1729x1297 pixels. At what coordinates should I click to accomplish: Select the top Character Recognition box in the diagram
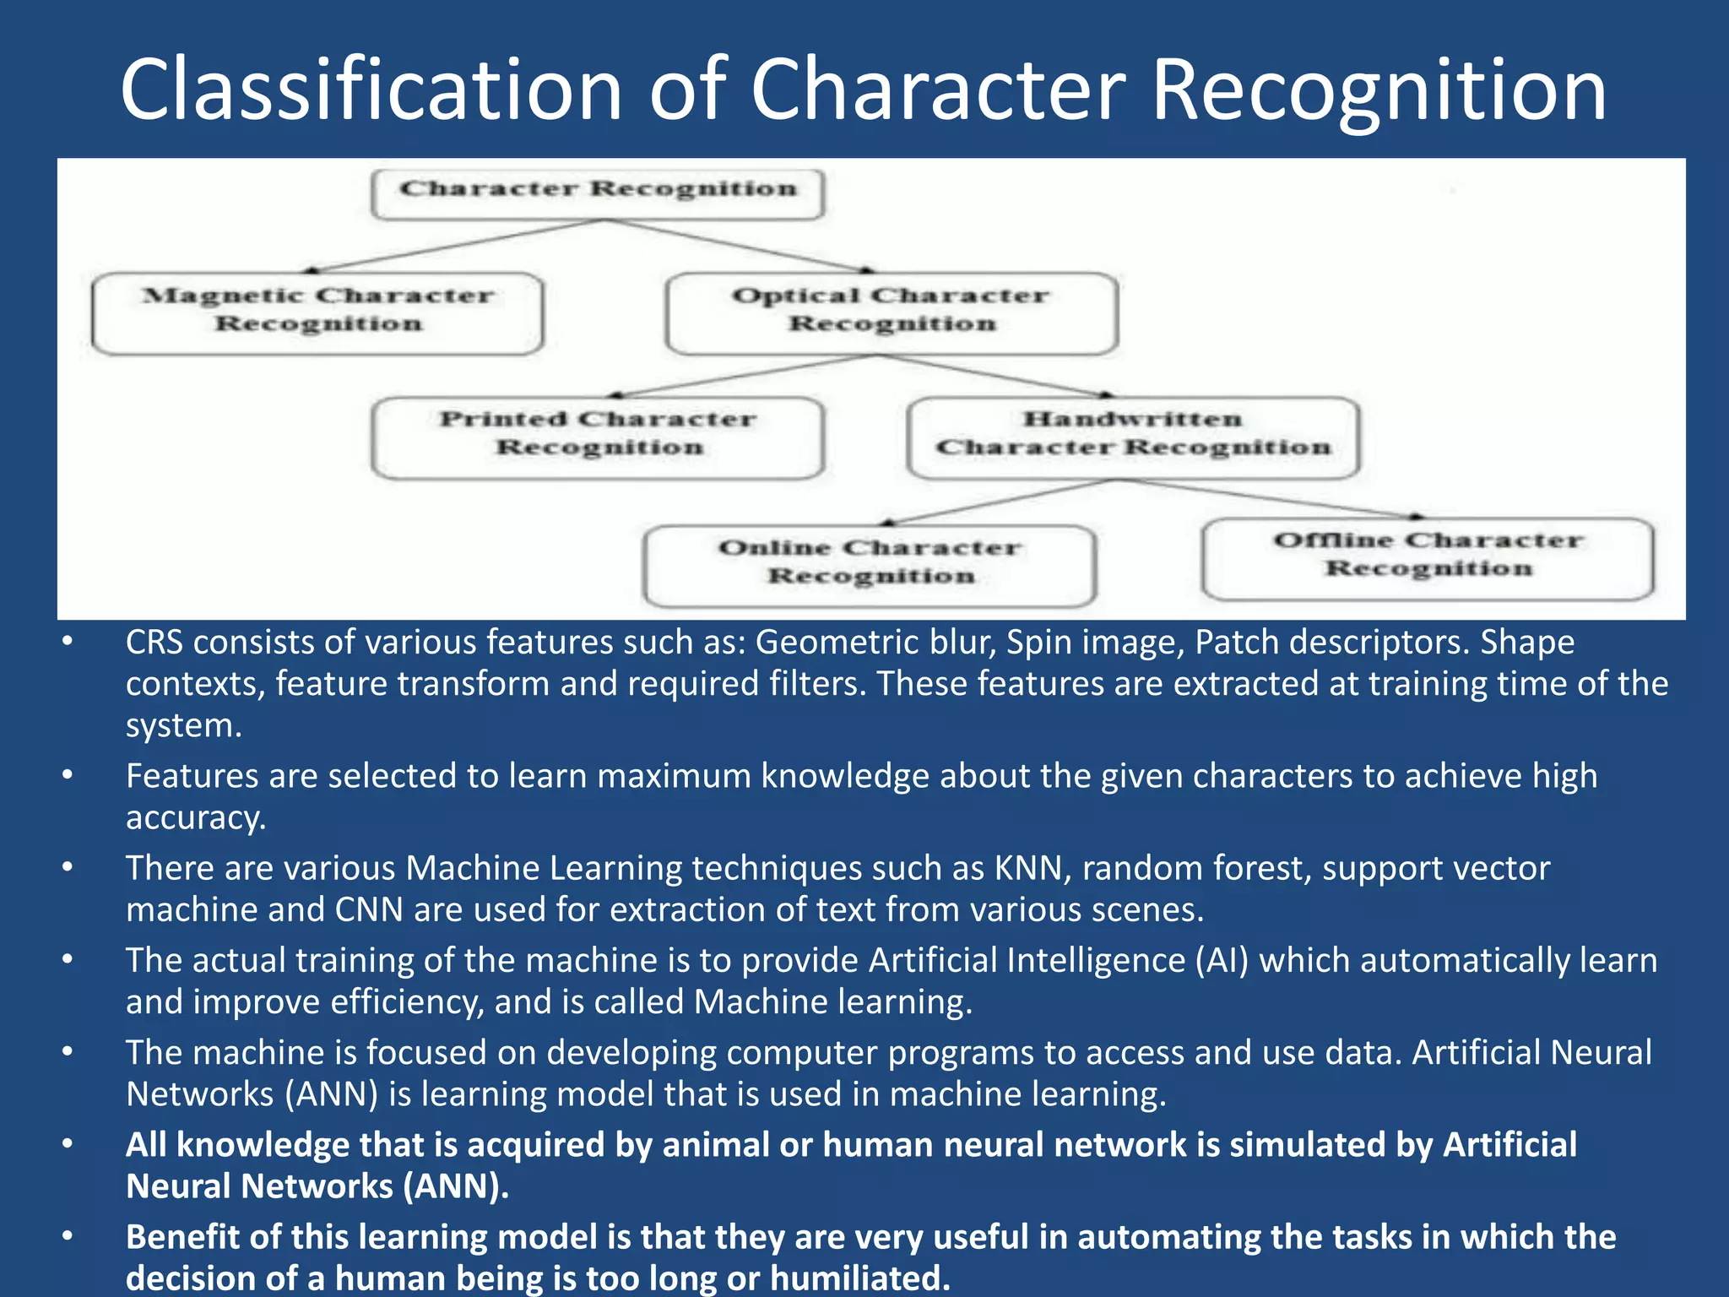pyautogui.click(x=598, y=193)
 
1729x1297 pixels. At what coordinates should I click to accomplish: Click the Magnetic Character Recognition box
pyautogui.click(x=317, y=312)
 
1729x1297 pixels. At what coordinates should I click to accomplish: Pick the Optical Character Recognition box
pyautogui.click(x=892, y=312)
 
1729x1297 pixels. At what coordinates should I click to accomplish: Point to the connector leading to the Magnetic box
pyautogui.click(x=456, y=246)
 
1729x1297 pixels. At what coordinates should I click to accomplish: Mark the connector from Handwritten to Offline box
pyautogui.click(x=1266, y=498)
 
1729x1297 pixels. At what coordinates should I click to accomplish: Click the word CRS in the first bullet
pyautogui.click(x=154, y=643)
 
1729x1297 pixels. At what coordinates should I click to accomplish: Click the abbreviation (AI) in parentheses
pyautogui.click(x=1222, y=961)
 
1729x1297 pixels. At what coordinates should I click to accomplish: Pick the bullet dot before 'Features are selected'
pyautogui.click(x=68, y=775)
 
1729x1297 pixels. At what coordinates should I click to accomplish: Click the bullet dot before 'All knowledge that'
pyautogui.click(x=68, y=1144)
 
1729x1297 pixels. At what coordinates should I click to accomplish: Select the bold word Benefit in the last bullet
pyautogui.click(x=181, y=1237)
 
